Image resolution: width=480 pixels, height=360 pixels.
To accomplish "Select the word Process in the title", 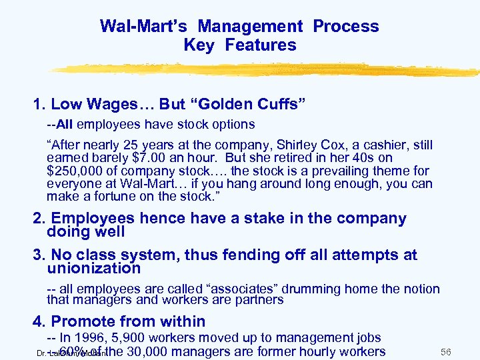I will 346,27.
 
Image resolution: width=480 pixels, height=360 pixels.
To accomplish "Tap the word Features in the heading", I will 261,45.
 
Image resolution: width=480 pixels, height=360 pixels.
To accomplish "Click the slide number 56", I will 447,351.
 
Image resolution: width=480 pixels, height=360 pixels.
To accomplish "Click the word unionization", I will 94,269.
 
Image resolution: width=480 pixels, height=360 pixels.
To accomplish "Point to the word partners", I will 262,300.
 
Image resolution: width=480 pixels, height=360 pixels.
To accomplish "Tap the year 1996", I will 93,339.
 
